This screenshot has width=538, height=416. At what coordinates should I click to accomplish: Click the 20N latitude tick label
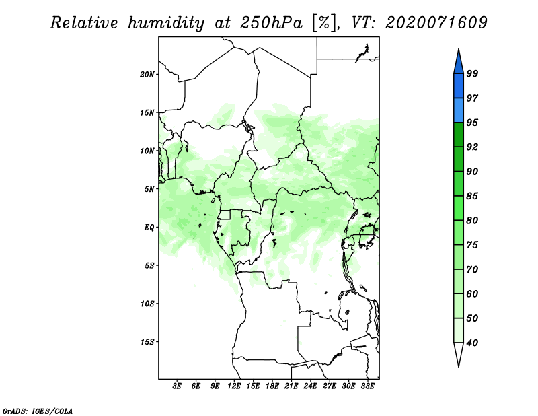tap(147, 75)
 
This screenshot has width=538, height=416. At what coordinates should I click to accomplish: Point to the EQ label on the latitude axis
tap(149, 228)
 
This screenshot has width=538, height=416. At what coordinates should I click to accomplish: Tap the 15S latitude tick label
tap(147, 342)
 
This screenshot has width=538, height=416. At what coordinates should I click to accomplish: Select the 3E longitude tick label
tap(177, 386)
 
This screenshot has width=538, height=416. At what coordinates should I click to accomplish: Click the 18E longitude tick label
tap(272, 386)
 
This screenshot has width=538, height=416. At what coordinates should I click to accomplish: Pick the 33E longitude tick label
tap(367, 386)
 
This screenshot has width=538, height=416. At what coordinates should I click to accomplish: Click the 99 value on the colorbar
tap(472, 73)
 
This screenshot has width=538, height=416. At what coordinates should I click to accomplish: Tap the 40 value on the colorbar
tap(472, 343)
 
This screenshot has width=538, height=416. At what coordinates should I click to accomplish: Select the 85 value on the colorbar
tap(472, 196)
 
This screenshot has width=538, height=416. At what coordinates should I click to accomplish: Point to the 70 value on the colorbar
tap(472, 269)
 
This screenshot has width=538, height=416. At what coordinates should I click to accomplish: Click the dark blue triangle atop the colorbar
tap(459, 62)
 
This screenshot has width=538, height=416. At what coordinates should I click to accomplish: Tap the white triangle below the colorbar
tap(459, 354)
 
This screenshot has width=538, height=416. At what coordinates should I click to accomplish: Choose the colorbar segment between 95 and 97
tap(459, 110)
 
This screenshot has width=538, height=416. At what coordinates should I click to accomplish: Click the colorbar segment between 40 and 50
tap(459, 331)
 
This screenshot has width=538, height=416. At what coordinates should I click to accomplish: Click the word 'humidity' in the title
tap(166, 23)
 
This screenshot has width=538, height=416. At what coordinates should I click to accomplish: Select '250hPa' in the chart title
tap(271, 23)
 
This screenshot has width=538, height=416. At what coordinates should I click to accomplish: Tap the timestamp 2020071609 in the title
tap(436, 23)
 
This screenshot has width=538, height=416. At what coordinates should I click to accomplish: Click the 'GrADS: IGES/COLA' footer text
tap(38, 411)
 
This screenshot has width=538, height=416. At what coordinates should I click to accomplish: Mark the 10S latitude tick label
tap(147, 304)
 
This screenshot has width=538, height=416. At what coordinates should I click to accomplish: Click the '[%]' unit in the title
tap(324, 23)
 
